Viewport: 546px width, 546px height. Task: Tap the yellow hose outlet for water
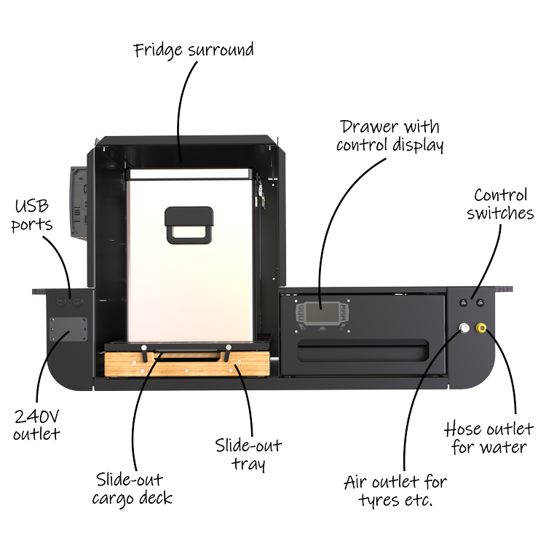click(x=481, y=329)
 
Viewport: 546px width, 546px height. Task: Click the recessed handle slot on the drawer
click(x=362, y=354)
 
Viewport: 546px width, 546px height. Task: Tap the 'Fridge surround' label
click(x=194, y=51)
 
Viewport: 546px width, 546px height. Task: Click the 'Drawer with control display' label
click(x=390, y=135)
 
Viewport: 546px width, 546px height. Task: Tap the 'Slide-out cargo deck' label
click(x=131, y=488)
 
